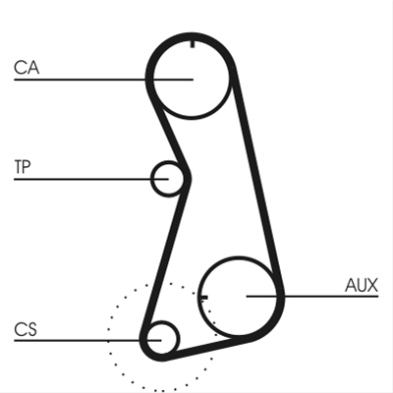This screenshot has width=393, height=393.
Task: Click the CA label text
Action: (x=27, y=68)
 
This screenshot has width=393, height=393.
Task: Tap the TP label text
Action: (x=23, y=166)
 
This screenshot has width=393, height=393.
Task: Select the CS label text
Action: (x=26, y=329)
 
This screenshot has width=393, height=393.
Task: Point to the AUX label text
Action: (x=362, y=285)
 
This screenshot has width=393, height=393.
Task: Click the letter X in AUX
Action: (x=371, y=285)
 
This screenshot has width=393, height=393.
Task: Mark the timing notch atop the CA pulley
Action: (x=193, y=43)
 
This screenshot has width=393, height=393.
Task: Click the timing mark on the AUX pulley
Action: (x=203, y=297)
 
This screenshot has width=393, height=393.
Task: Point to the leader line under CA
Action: (x=103, y=80)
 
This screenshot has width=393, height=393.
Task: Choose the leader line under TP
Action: (x=91, y=179)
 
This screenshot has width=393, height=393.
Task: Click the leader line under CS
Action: (x=87, y=341)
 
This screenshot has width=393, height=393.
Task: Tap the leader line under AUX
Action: (x=312, y=297)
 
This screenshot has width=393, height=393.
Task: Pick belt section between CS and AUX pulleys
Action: (x=206, y=350)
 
